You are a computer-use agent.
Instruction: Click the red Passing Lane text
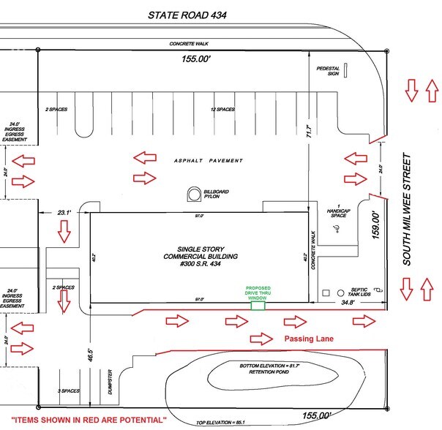309,339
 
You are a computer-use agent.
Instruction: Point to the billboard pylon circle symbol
195,194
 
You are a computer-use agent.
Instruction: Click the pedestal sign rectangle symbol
347,70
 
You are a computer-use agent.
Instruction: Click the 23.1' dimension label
64,214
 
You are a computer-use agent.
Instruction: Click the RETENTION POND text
256,372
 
